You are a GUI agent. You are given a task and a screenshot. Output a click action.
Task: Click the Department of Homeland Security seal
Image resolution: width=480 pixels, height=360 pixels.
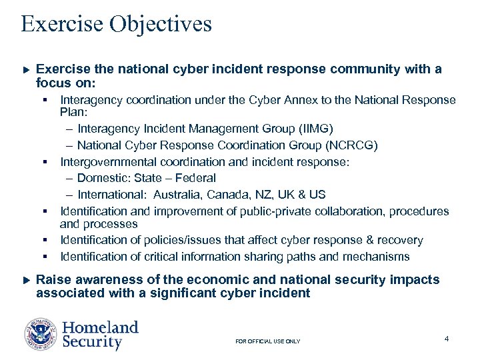click(x=41, y=335)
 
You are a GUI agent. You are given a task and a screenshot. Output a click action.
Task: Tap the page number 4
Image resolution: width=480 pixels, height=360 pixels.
click(x=446, y=339)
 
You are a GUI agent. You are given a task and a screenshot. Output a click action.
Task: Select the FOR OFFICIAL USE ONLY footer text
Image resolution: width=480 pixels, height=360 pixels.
click(x=268, y=341)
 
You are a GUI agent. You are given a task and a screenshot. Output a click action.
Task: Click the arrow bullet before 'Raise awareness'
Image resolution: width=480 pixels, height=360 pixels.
click(x=27, y=280)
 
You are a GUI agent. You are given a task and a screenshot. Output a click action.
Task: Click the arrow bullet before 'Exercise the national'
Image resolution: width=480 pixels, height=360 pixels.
click(x=27, y=69)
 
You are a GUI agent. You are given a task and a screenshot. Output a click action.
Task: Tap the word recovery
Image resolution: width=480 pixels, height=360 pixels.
click(x=399, y=240)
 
